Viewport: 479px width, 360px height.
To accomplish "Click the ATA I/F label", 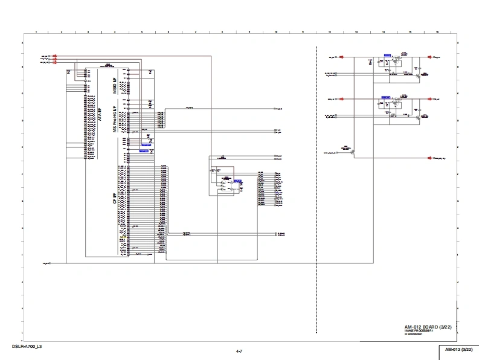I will pyautogui.click(x=100, y=115).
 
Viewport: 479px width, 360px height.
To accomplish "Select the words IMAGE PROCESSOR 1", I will pyautogui.click(x=419, y=331).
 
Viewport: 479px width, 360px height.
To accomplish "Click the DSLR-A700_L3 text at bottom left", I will pyautogui.click(x=27, y=347).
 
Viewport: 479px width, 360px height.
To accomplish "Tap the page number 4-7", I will pyautogui.click(x=239, y=351).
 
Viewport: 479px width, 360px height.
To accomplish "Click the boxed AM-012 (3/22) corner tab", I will pyautogui.click(x=458, y=350).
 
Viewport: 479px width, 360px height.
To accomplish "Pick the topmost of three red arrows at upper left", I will pyautogui.click(x=55, y=56).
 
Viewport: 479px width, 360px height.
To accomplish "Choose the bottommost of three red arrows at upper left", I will pyautogui.click(x=55, y=62).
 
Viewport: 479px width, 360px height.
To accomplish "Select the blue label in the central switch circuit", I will pyautogui.click(x=237, y=181).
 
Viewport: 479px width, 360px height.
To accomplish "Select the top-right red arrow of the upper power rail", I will pyautogui.click(x=429, y=57).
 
